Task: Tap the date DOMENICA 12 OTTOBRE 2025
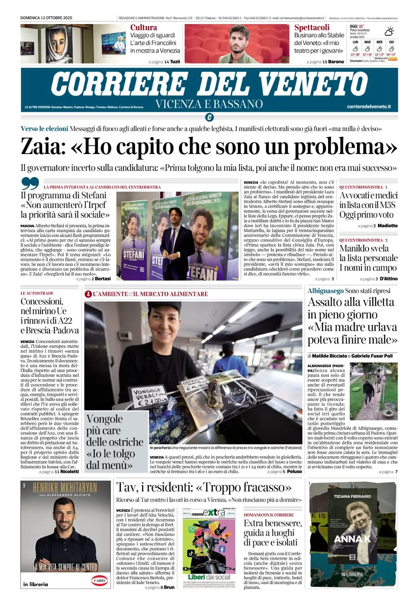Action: click(46, 18)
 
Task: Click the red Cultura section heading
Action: click(143, 27)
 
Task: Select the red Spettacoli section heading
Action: click(312, 27)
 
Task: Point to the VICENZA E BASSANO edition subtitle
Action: click(209, 104)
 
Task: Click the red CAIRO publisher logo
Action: click(99, 580)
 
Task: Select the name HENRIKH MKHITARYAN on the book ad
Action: click(65, 488)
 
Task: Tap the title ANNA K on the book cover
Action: click(352, 539)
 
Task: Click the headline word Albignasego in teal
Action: click(325, 291)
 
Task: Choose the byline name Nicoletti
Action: click(69, 471)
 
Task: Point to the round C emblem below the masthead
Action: click(209, 118)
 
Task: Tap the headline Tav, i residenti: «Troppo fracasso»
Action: click(204, 488)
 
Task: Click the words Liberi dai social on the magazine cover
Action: click(209, 577)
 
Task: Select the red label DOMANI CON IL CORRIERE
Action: click(268, 515)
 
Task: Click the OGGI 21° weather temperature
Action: click(357, 26)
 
